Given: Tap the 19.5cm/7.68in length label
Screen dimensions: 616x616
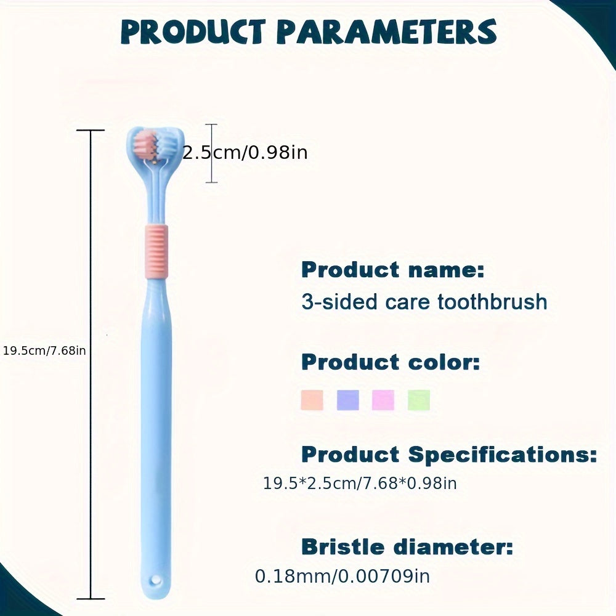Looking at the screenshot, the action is pos(44,351).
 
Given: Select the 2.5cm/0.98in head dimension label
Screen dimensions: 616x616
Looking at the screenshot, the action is pos(245,152).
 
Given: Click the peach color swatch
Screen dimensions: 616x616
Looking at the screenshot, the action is pos(312,400).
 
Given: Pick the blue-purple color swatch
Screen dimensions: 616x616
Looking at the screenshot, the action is pos(347,400).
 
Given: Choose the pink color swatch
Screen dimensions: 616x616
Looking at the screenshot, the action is pos(383,400).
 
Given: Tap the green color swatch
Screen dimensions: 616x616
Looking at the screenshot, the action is pos(419,400).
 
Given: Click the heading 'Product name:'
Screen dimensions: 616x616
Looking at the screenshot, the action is pos(393,270).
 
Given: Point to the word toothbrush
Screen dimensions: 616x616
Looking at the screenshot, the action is pos(492,302).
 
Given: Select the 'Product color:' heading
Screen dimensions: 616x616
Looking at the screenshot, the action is pos(391,362).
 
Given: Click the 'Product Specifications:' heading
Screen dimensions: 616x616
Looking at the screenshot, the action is pos(449,455).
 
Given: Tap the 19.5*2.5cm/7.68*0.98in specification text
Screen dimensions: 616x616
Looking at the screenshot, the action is pos(360,483).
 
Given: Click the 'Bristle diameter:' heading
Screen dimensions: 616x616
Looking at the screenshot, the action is pos(407,547).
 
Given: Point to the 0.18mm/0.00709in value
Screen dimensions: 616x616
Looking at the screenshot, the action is pos(342,577).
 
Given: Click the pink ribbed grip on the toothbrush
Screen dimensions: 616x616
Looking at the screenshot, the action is pos(156,252).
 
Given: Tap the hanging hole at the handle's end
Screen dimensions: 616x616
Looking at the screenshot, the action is pos(156,580).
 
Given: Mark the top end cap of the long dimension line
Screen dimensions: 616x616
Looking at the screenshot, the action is pos(91,130).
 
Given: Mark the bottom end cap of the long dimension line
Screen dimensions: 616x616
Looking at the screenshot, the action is pos(91,599).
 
